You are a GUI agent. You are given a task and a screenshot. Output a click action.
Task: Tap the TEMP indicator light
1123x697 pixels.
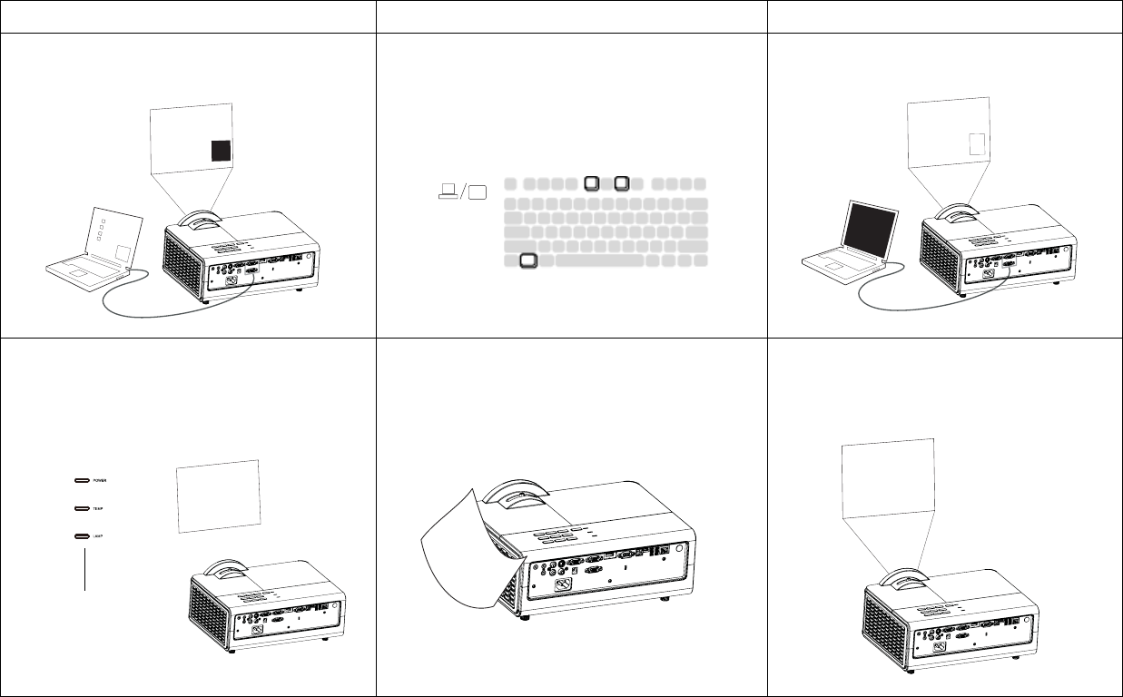coord(82,508)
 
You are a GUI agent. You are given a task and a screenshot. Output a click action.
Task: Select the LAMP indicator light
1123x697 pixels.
coord(82,536)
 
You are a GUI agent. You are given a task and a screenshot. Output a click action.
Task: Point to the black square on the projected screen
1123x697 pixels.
coord(221,151)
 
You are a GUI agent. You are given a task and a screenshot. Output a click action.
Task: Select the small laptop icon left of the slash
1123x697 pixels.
coord(447,191)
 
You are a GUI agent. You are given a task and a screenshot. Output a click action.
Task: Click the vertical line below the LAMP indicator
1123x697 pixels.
coord(84,567)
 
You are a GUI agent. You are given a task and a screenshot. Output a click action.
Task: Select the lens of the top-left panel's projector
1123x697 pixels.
coord(198,221)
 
